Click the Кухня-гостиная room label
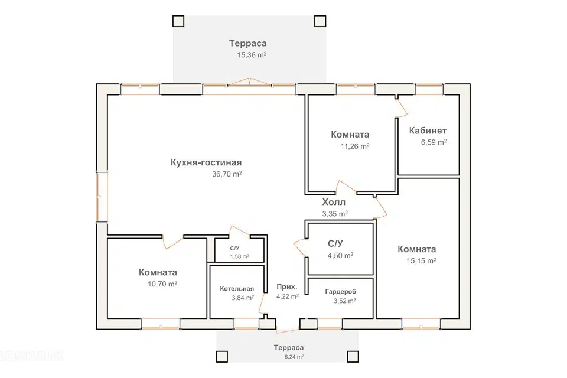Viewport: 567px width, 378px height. click(206, 162)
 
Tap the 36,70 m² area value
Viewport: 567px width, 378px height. click(227, 174)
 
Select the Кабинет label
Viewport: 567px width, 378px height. click(428, 131)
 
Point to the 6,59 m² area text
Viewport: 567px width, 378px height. click(434, 142)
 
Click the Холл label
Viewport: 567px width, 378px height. click(334, 202)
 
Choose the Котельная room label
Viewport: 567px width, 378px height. click(237, 289)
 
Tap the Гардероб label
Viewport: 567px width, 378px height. click(341, 291)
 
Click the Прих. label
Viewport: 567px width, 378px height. click(287, 287)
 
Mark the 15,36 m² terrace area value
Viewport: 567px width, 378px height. click(252, 55)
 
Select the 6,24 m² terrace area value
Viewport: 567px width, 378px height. click(294, 357)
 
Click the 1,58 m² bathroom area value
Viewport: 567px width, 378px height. click(240, 256)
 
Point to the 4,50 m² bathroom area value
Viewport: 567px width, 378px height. click(341, 256)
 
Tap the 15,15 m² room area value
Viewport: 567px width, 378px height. click(421, 261)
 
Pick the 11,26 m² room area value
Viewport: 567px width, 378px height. click(355, 146)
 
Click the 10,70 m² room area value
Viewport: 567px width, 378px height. click(162, 284)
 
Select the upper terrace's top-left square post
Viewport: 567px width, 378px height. click(178, 21)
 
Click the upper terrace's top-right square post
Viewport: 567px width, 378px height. click(320, 21)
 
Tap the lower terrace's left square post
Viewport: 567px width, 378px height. click(222, 357)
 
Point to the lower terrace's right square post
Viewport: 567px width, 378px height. click(353, 357)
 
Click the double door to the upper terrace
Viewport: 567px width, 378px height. click(249, 83)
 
